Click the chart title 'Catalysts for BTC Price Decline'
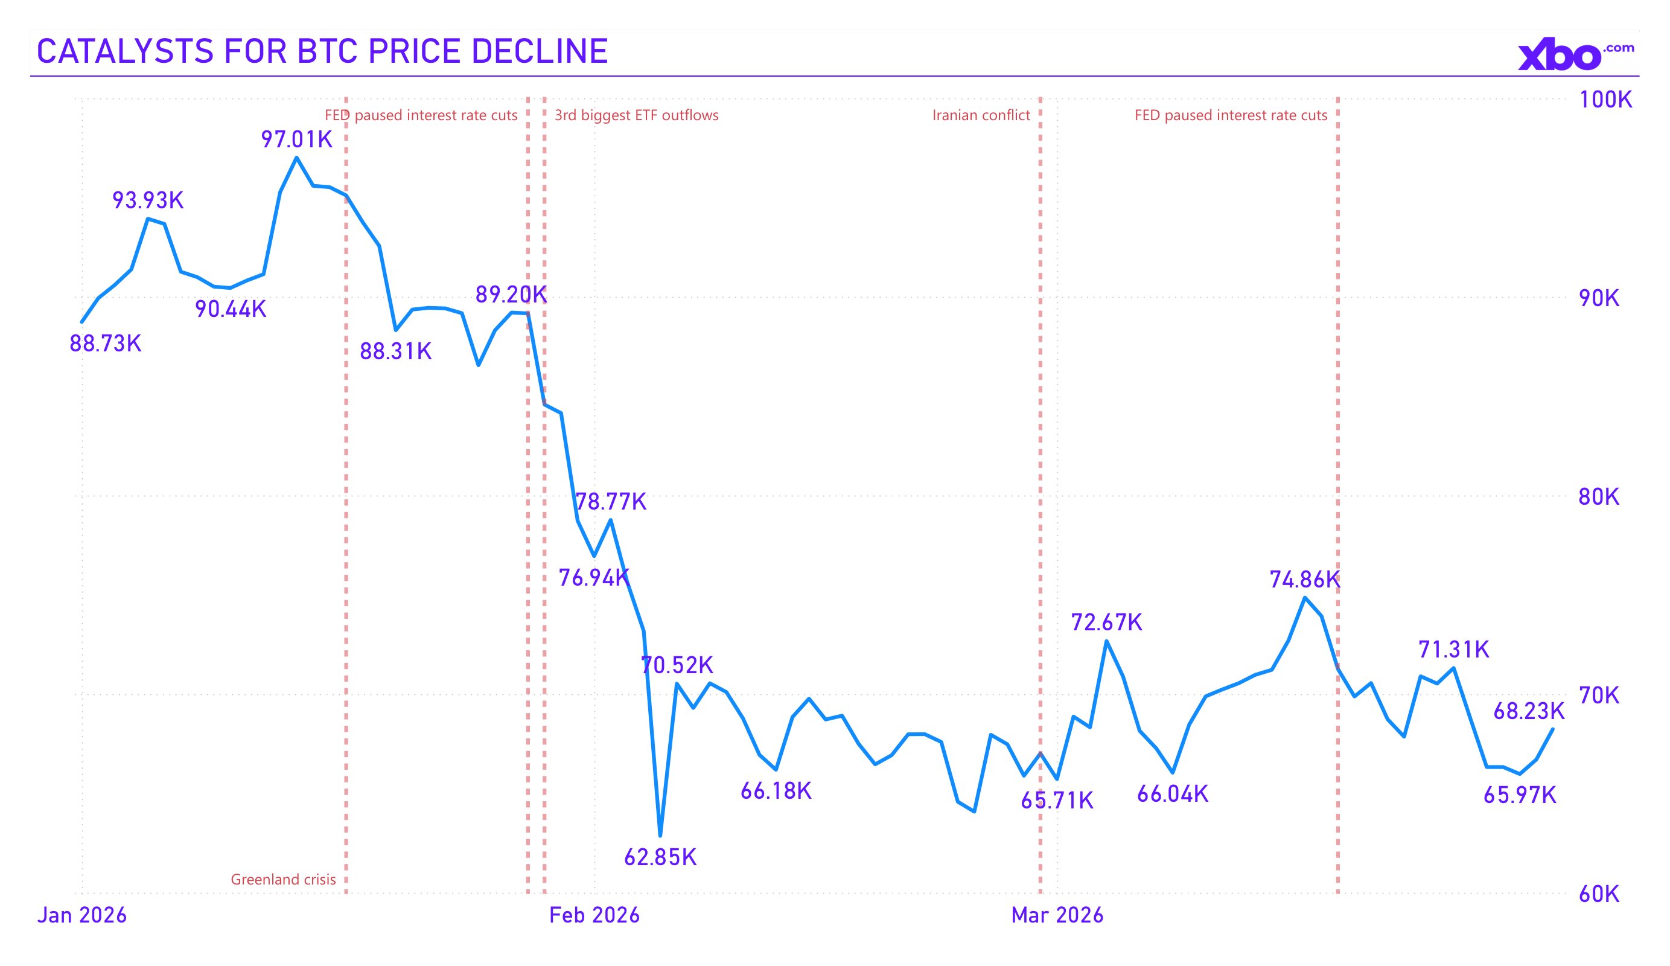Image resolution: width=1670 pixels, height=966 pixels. (322, 51)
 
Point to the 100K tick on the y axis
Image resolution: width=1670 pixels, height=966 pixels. (1605, 100)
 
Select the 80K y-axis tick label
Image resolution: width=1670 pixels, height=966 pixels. (1598, 497)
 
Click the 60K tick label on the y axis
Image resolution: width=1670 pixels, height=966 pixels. (1598, 894)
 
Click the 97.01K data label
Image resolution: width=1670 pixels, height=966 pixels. (296, 139)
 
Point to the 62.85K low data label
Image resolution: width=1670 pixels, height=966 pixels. (660, 858)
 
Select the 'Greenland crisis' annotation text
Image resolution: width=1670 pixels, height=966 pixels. (283, 879)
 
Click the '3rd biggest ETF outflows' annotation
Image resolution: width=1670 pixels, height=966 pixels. (636, 115)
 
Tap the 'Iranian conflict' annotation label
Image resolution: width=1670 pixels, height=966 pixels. (981, 115)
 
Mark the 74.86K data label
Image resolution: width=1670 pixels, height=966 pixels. (1304, 580)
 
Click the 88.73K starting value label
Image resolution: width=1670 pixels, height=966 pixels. (106, 344)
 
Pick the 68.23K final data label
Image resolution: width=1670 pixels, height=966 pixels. (1528, 711)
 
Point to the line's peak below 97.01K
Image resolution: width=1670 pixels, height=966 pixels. (296, 158)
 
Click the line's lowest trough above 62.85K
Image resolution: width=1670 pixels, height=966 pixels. (660, 836)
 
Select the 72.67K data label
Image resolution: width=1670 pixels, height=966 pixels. (1107, 622)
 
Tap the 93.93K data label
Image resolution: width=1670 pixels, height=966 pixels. (148, 200)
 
